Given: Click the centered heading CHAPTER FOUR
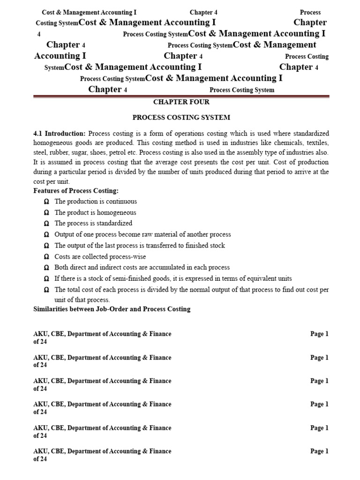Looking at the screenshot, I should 181,102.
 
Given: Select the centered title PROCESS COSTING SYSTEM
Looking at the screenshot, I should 181,118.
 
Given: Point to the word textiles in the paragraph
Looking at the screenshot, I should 315,143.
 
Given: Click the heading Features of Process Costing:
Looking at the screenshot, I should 76,191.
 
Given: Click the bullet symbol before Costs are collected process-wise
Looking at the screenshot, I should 46,256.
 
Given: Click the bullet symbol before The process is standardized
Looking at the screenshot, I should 46,224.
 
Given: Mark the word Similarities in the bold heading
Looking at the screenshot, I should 51,309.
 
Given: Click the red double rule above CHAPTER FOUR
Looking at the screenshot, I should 181,96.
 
